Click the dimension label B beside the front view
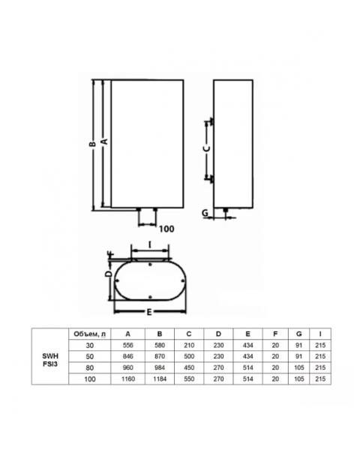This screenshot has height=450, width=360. coord(91,144)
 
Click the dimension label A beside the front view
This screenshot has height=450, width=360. coord(105,141)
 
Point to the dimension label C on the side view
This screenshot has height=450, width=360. coord(206,148)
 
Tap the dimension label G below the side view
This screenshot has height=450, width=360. coord(205,213)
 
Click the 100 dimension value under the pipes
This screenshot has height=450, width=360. coord(166,229)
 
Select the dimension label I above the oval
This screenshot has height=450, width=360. coord(150,244)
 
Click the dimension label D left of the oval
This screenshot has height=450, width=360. coord(108,274)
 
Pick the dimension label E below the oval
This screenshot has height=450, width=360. coord(149,312)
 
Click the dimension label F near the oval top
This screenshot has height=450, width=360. coord(110,254)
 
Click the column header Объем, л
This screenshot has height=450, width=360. coord(89,334)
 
